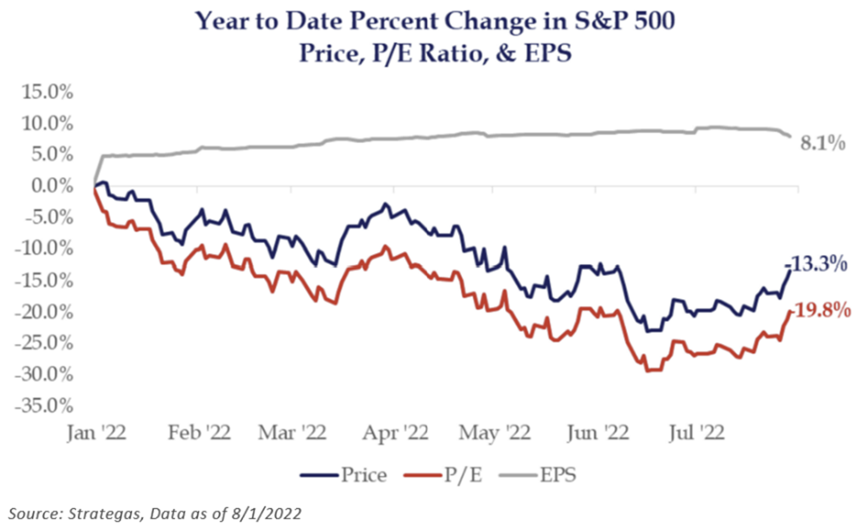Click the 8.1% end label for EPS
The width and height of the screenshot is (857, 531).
coord(822,143)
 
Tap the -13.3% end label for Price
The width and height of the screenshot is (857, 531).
coord(816,263)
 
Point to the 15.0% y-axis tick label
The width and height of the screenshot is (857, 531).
coord(48,93)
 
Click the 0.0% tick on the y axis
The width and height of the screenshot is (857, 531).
coord(52,186)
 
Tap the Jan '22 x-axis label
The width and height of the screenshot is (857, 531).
coord(96,432)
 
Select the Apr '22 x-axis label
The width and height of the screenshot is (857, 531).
coord(395,432)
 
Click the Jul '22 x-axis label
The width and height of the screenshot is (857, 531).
coord(696,432)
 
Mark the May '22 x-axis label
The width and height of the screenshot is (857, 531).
coord(495,432)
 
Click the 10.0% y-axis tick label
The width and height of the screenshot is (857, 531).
coord(48,124)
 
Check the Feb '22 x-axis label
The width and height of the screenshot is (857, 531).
coord(199,432)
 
